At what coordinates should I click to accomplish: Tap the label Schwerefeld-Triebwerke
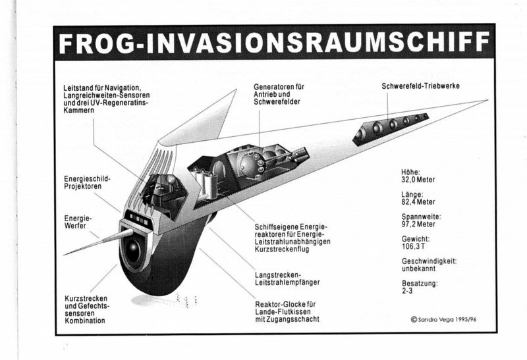[x=420, y=86]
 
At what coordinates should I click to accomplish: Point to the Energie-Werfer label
[x=78, y=222]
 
